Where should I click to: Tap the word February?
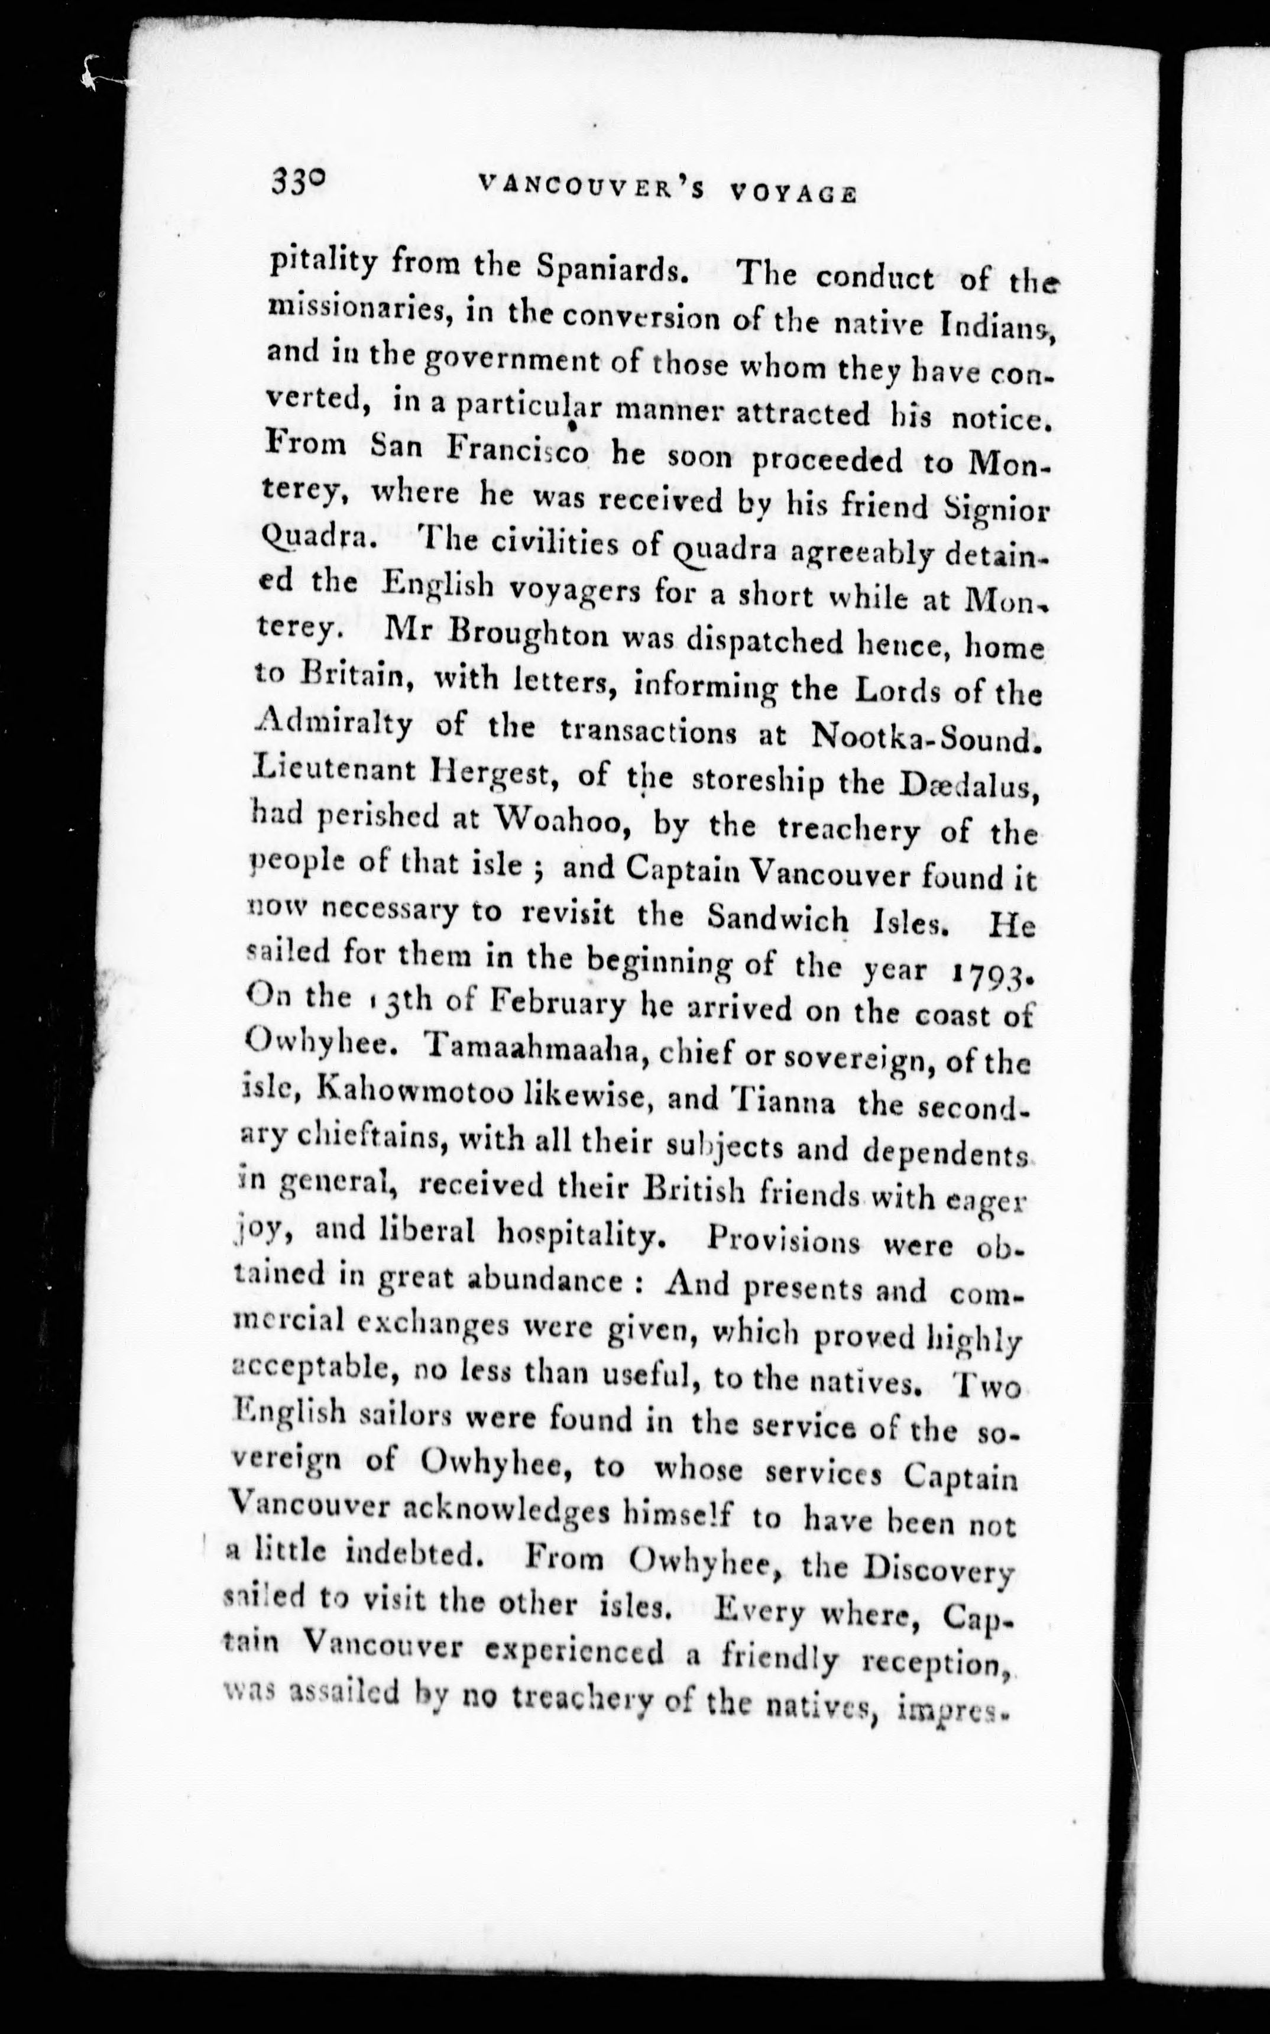coord(558,1003)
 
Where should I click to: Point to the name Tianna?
coord(785,1102)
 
